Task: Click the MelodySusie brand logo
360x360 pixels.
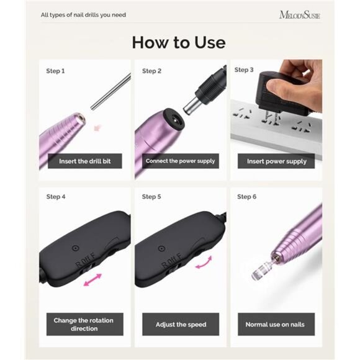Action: [300, 14]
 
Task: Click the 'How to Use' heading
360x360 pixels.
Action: [179, 42]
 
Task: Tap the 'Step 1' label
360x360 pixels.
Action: [55, 71]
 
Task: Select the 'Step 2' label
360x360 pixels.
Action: [151, 71]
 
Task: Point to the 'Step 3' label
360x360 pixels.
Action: [244, 70]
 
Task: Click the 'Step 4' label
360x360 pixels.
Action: [55, 197]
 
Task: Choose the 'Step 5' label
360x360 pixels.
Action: [151, 197]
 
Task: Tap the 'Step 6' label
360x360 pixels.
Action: [246, 197]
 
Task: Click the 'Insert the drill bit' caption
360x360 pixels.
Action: [85, 161]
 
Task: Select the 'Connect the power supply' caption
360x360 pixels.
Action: [181, 161]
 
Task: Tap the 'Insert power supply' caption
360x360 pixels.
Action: [276, 161]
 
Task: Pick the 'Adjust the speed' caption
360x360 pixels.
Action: [181, 324]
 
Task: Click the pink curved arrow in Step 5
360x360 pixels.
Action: [204, 263]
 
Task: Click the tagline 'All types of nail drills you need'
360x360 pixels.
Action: [83, 15]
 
